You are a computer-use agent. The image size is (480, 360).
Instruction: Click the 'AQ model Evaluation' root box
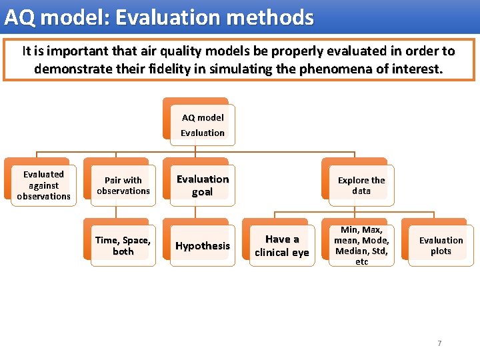tap(202, 125)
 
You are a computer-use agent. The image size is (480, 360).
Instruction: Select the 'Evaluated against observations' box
tap(43, 185)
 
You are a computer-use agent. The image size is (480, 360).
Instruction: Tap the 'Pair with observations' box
tap(123, 185)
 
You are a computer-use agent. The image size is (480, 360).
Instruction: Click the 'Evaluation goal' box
tap(202, 185)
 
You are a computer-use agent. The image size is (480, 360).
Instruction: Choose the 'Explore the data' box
tap(361, 185)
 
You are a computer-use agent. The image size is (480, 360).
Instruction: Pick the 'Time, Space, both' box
tap(123, 246)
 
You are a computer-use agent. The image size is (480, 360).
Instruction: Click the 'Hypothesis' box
tap(202, 246)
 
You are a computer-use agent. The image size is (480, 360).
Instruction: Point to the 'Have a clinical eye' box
tap(282, 246)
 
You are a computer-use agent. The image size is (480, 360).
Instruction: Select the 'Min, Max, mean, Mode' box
tap(361, 246)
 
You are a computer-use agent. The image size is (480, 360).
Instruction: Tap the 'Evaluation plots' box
tap(441, 246)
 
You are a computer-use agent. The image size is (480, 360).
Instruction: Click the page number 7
tap(439, 343)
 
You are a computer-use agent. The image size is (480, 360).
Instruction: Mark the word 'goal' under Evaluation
tap(202, 192)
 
